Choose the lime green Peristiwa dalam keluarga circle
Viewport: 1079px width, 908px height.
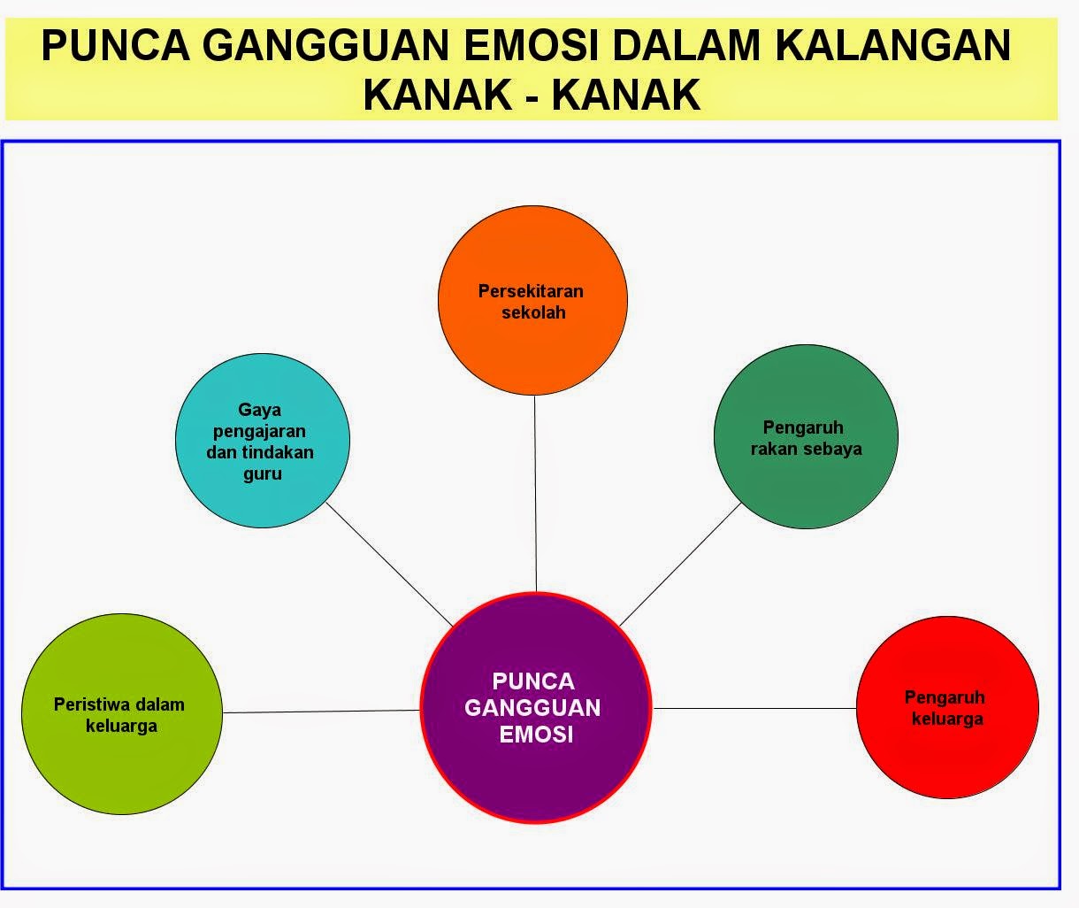pyautogui.click(x=120, y=761)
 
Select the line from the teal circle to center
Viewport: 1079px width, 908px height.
pyautogui.click(x=389, y=564)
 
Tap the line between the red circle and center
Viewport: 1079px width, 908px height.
pyautogui.click(x=754, y=708)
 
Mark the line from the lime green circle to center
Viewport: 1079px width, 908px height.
pyautogui.click(x=321, y=711)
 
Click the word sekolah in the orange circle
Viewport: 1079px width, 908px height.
pyautogui.click(x=533, y=312)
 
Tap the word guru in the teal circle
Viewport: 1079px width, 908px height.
pyautogui.click(x=263, y=474)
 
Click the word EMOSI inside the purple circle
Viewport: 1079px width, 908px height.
pyautogui.click(x=535, y=735)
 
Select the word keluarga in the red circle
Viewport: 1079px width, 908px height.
pyautogui.click(x=947, y=719)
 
